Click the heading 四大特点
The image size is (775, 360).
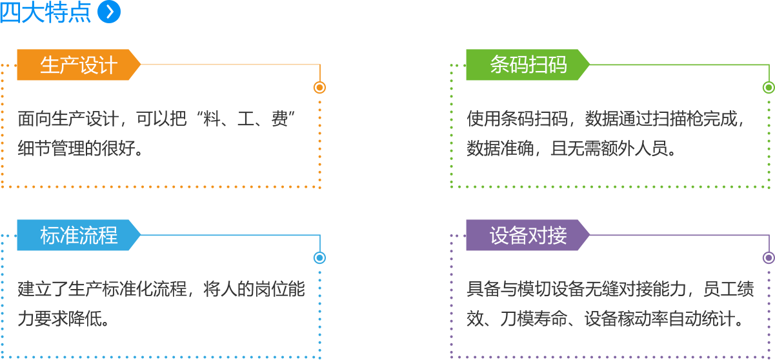(45, 13)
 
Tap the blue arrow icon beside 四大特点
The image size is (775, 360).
(108, 12)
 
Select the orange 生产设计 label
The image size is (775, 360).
(78, 65)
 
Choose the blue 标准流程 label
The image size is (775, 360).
(78, 235)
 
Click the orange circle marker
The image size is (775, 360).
(319, 87)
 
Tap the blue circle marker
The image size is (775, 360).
(319, 257)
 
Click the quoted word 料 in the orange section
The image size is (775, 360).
(212, 120)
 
